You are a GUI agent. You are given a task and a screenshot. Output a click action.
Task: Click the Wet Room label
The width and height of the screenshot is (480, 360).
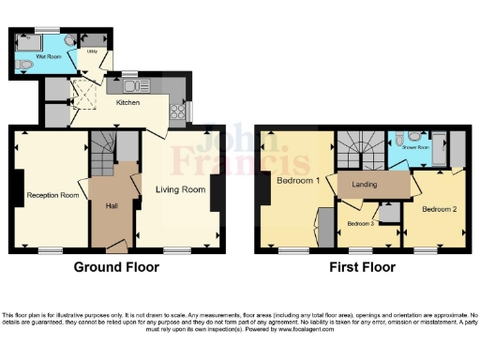49,57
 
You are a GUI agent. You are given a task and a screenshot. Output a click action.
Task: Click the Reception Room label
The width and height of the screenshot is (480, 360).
52,195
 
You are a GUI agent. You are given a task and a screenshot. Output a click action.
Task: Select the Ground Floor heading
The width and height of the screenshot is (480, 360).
116,267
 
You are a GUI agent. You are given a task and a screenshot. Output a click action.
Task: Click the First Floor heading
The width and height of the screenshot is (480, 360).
363,267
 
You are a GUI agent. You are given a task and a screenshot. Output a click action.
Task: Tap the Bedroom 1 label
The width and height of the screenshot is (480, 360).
298,180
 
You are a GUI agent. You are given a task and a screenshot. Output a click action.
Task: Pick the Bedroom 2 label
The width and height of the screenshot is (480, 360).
439,209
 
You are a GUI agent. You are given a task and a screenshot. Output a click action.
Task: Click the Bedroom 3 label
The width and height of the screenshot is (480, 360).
361,223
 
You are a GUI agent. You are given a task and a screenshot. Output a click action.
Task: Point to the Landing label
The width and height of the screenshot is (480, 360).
365,185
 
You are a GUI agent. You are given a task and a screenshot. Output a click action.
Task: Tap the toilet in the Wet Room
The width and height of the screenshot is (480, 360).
22,64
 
